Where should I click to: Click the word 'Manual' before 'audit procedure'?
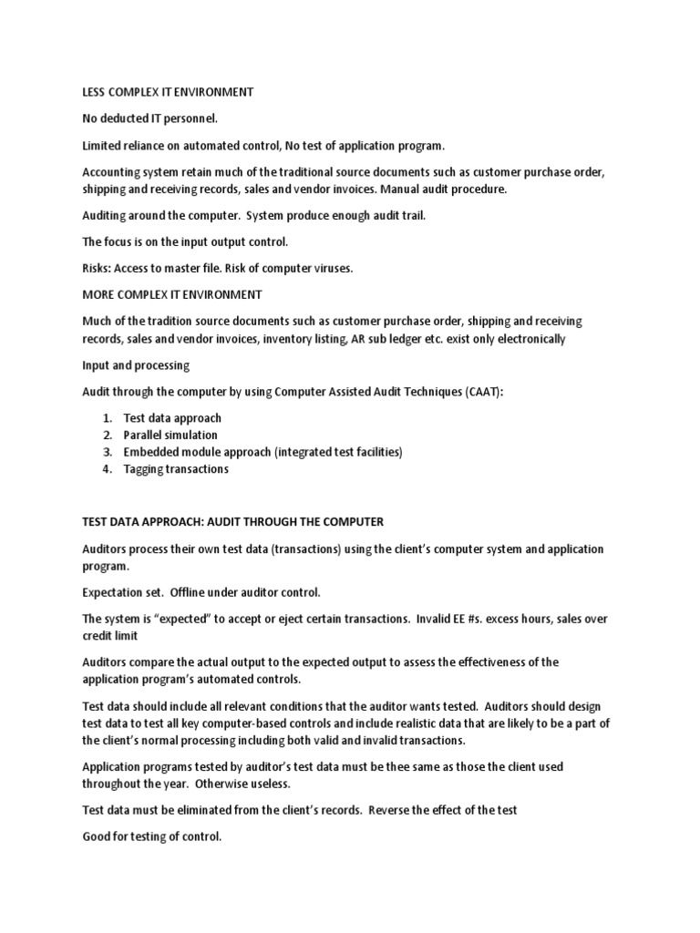pyautogui.click(x=400, y=189)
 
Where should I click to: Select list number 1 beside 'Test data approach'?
pyautogui.click(x=107, y=418)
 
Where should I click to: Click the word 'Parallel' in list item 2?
pyautogui.click(x=145, y=436)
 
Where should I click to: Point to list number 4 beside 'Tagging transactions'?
pyautogui.click(x=107, y=469)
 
